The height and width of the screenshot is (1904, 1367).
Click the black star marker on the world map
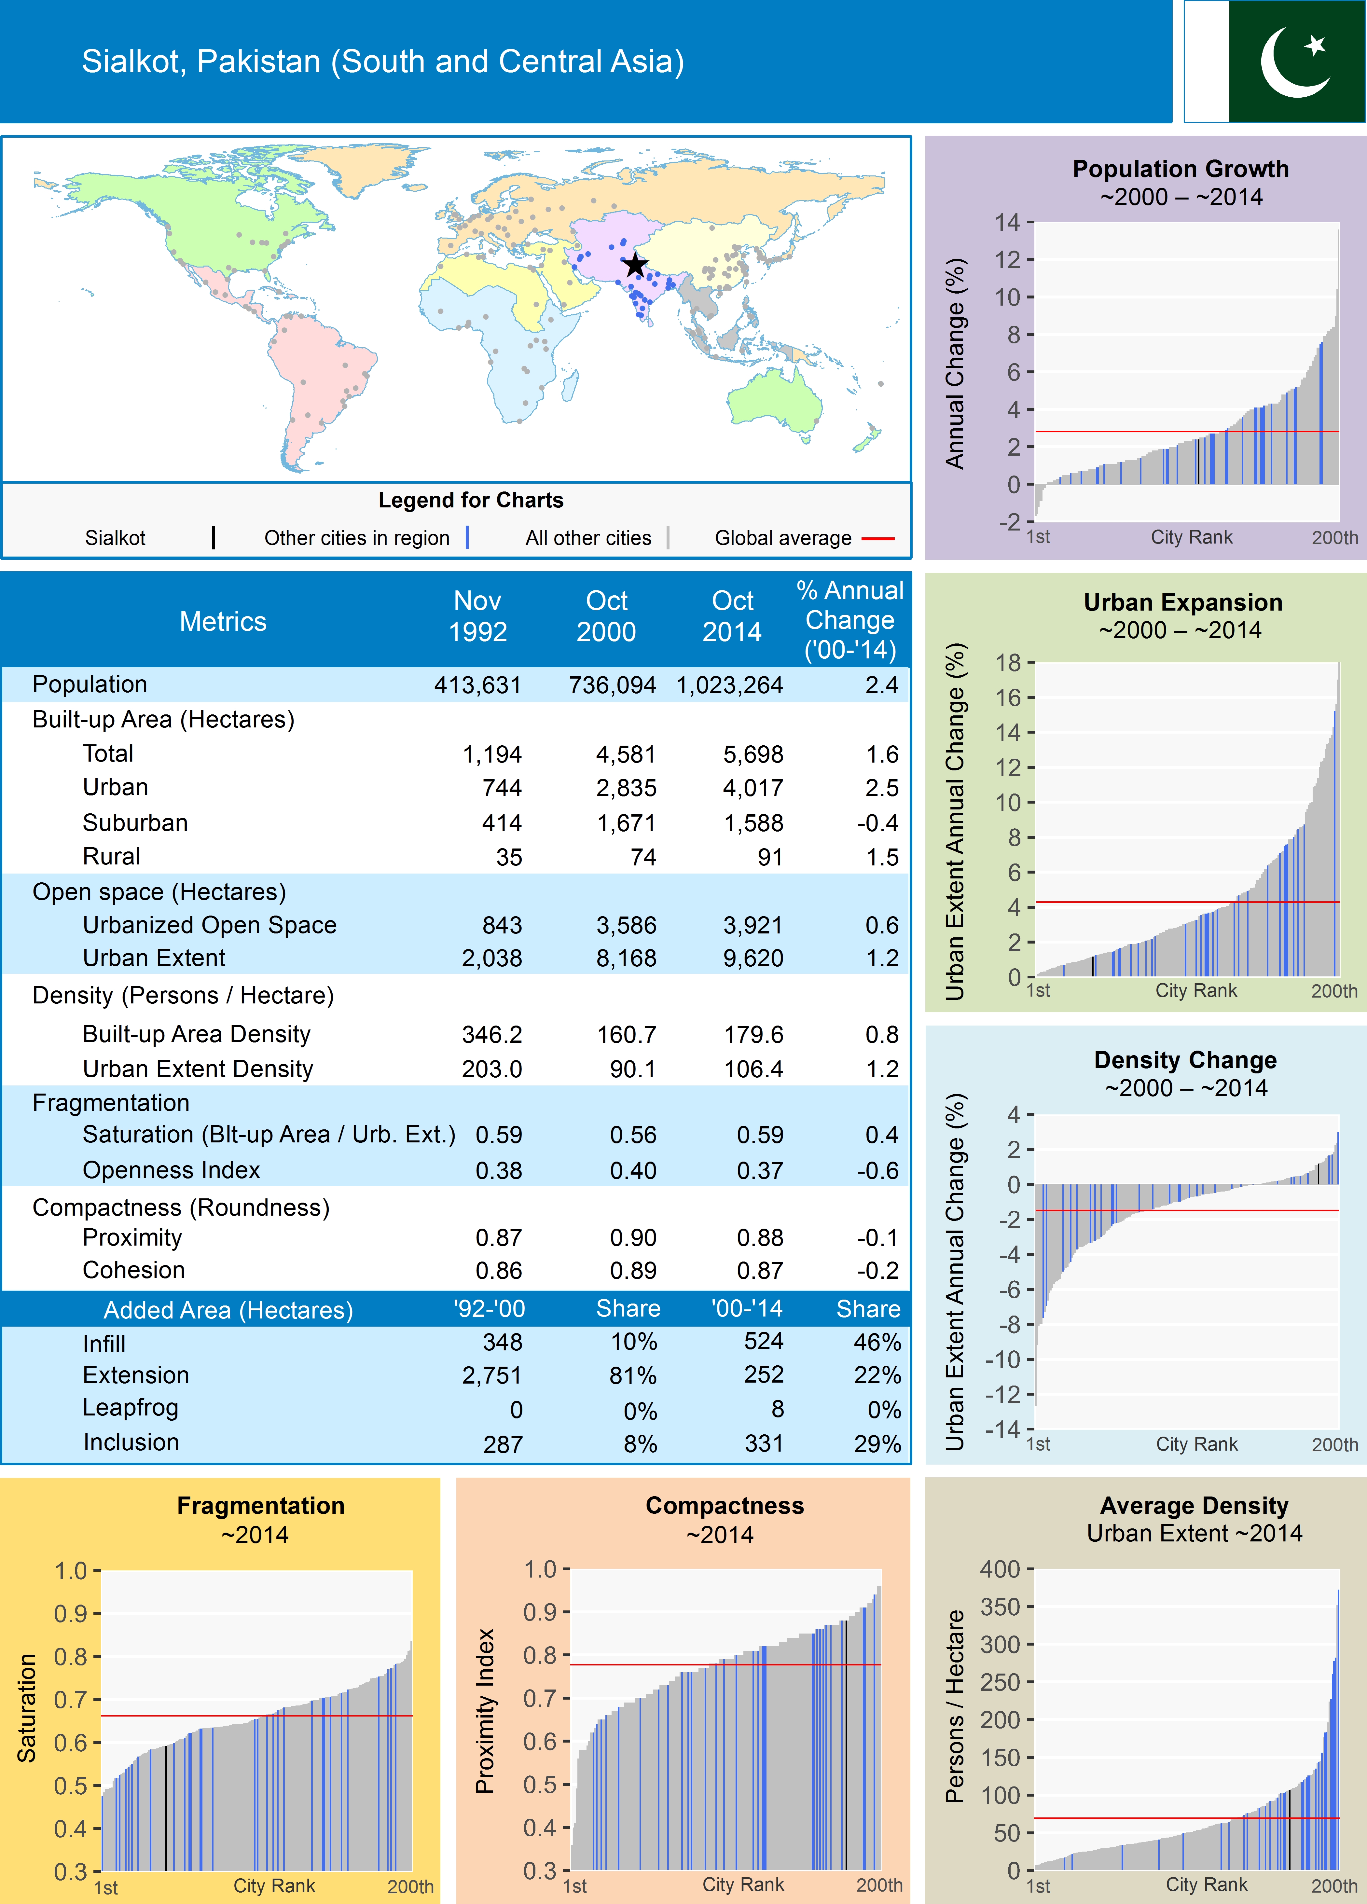tap(636, 265)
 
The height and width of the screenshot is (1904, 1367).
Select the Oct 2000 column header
tap(606, 616)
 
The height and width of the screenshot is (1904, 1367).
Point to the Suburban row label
tap(135, 823)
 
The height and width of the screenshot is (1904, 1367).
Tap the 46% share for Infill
tap(877, 1342)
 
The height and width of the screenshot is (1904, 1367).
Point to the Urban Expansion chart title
tap(1182, 603)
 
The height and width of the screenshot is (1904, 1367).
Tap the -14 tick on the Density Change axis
tap(1002, 1429)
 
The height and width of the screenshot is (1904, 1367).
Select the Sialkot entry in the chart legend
tap(115, 538)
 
